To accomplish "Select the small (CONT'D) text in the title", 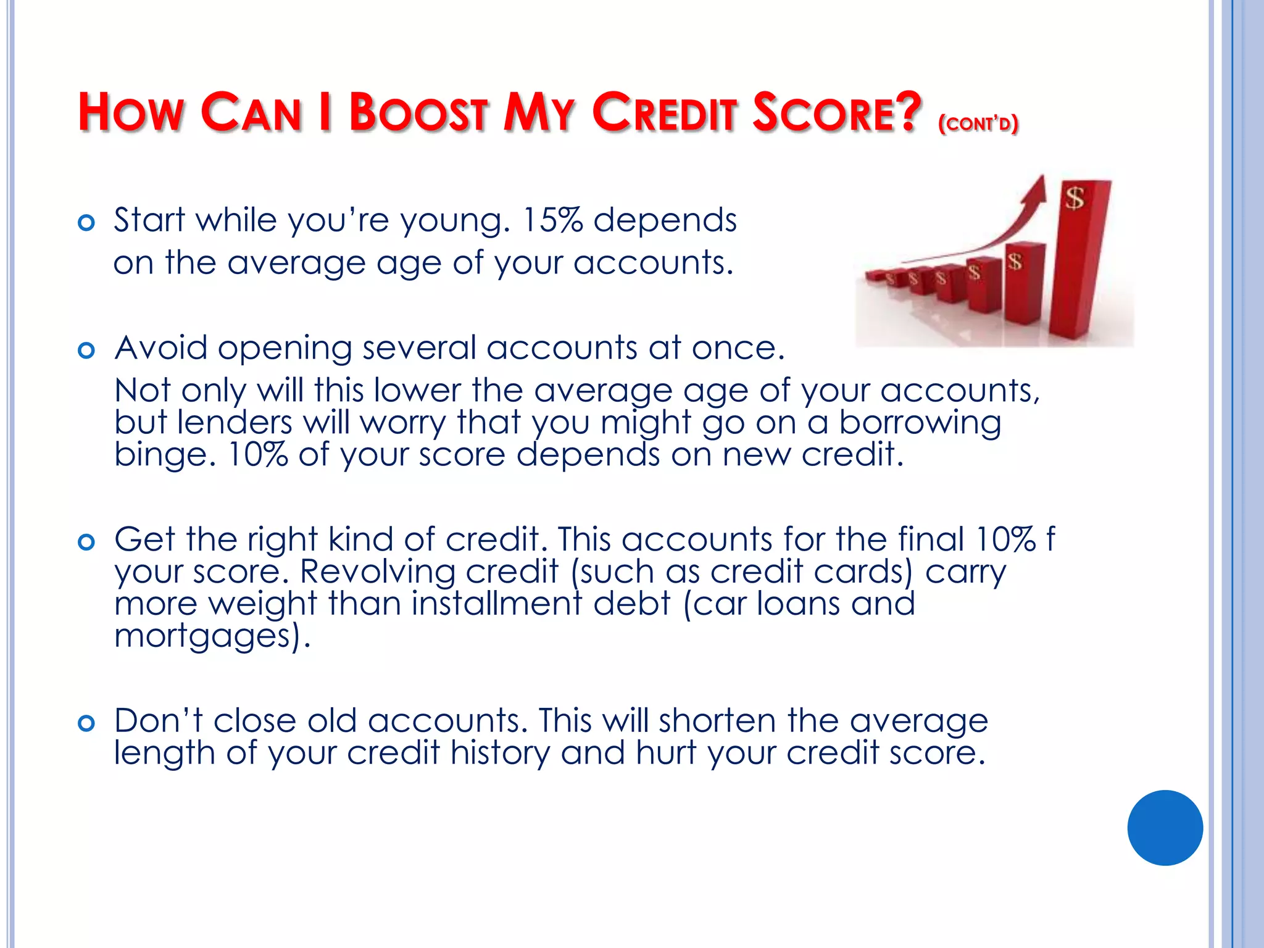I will click(x=978, y=123).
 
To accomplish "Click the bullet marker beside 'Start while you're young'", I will click(x=86, y=222).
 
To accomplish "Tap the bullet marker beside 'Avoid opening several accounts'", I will click(x=86, y=351).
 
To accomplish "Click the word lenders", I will click(x=234, y=423).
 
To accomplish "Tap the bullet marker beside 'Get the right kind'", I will click(x=86, y=542).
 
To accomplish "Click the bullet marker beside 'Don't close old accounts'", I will click(x=86, y=723).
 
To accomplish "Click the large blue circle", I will click(x=1165, y=828).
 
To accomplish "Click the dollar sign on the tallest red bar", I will click(x=1075, y=199).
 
